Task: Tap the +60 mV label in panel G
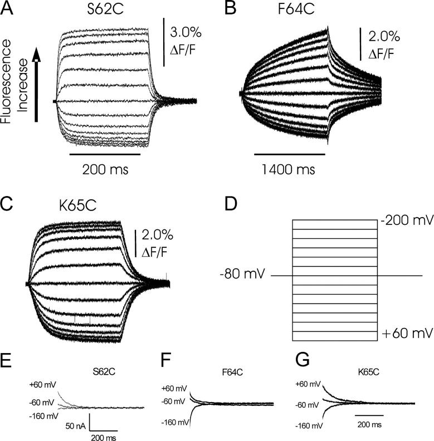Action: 308,384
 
